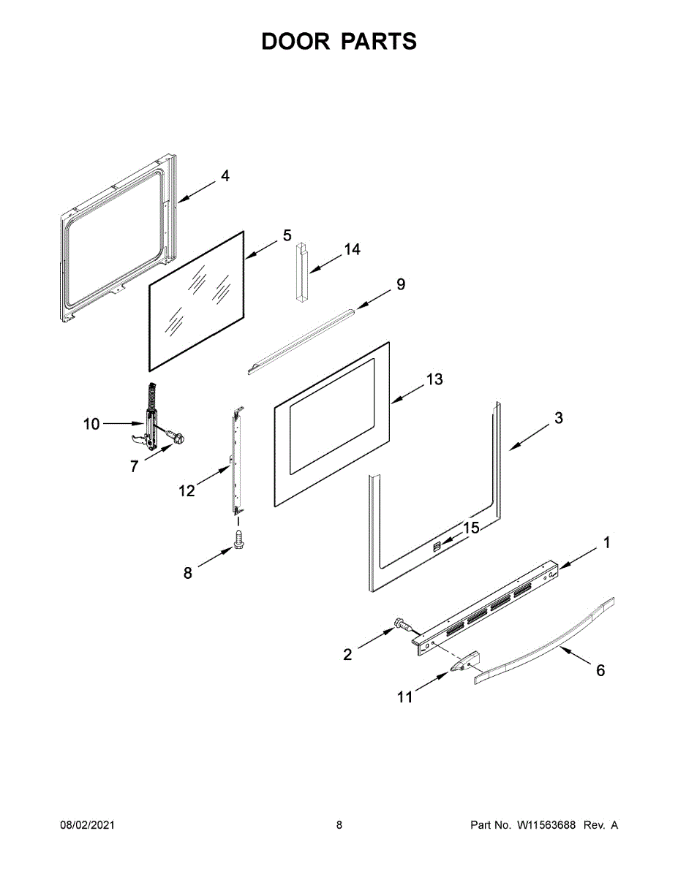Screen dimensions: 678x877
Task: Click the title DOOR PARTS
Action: (339, 42)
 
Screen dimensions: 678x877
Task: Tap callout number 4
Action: (225, 176)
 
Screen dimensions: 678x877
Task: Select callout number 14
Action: (352, 250)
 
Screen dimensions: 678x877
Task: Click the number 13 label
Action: (434, 380)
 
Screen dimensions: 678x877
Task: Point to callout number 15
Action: (472, 527)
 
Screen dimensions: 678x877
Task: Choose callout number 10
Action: (91, 423)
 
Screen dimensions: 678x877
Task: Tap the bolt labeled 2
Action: (401, 624)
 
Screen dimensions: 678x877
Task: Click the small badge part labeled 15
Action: (437, 546)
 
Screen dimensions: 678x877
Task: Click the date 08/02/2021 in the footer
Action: (87, 825)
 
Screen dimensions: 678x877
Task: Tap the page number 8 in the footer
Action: (339, 825)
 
